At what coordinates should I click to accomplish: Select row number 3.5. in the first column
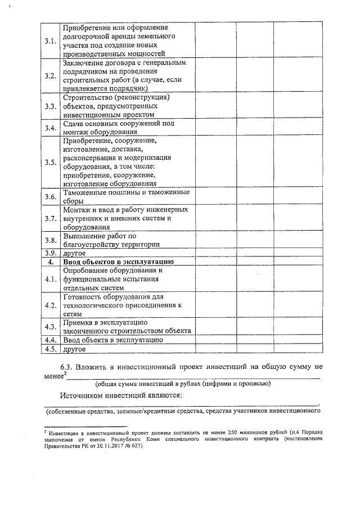(51, 163)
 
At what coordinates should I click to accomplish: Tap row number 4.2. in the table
(51, 305)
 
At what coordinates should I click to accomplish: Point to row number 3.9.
(51, 253)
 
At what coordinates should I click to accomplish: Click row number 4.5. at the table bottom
(51, 349)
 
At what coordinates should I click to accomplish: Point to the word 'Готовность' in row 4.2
(84, 296)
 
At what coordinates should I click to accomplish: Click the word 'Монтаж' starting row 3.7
(78, 210)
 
